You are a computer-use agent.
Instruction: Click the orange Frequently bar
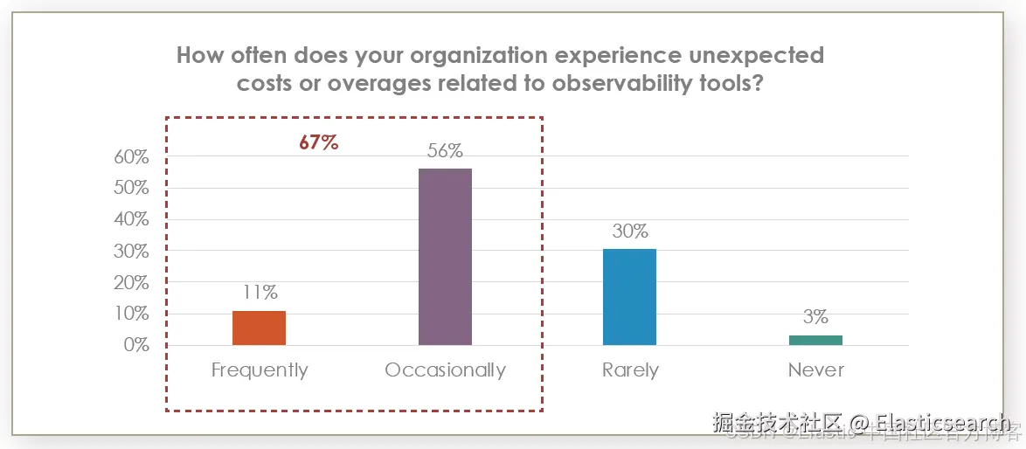[x=259, y=328]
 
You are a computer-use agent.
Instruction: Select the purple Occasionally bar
[x=445, y=257]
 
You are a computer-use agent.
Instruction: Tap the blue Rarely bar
[x=629, y=297]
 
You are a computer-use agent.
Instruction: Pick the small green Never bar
[x=815, y=340]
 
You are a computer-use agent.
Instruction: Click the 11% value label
[x=259, y=293]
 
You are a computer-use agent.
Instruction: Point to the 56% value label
[x=445, y=150]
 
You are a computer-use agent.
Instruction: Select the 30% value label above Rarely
[x=629, y=231]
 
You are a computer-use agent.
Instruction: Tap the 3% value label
[x=815, y=317]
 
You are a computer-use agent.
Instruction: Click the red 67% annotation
[x=318, y=142]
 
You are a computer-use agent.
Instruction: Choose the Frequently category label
[x=260, y=370]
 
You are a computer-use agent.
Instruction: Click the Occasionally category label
[x=445, y=370]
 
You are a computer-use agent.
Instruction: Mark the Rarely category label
[x=630, y=370]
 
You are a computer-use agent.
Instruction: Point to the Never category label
[x=816, y=370]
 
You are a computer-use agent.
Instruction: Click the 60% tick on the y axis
[x=131, y=157]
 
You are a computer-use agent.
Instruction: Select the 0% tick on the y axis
[x=135, y=345]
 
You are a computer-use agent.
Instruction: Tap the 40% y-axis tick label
[x=131, y=220]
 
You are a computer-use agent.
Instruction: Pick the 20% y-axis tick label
[x=131, y=282]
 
